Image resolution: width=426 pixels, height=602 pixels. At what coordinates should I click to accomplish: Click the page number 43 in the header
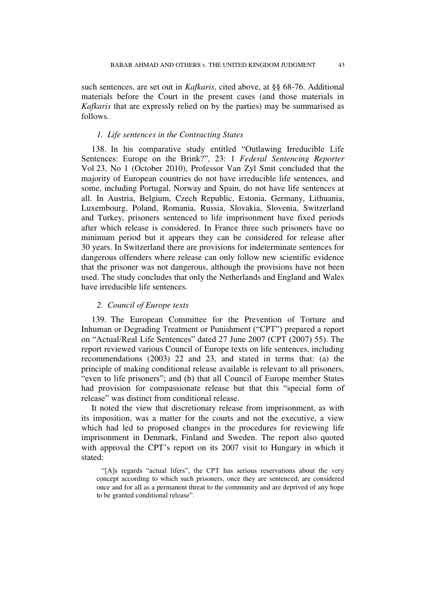[341, 65]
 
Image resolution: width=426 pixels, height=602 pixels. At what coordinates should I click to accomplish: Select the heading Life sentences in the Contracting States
[175, 135]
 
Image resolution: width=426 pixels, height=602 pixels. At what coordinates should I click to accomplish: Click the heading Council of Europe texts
[148, 305]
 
